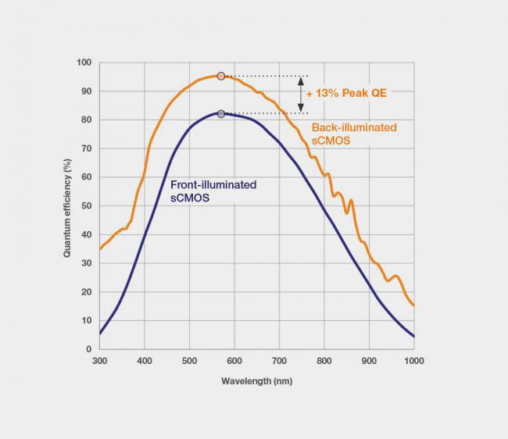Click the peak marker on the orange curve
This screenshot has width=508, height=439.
[x=221, y=76]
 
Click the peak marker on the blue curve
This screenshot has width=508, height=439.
[x=221, y=114]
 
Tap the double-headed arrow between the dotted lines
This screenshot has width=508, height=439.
[x=300, y=95]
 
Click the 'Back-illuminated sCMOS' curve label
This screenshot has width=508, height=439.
[x=354, y=133]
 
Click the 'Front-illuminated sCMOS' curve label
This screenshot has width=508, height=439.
[x=213, y=191]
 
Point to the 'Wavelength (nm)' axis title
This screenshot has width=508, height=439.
[x=256, y=381]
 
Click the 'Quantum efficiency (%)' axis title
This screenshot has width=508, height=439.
[x=68, y=205]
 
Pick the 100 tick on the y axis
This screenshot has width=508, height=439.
[x=84, y=62]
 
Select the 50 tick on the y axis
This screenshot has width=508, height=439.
[x=86, y=206]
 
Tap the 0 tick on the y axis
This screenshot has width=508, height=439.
[x=88, y=349]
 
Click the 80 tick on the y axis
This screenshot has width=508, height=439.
[x=86, y=120]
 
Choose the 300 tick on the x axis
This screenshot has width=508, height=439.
[x=99, y=362]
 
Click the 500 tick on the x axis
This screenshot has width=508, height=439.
[x=189, y=362]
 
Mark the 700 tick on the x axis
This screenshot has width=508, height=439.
[x=279, y=362]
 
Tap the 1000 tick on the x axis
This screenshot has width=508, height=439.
[x=413, y=362]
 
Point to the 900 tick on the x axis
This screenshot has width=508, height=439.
[x=369, y=362]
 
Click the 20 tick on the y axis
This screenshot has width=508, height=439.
[x=86, y=292]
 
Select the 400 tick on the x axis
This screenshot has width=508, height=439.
[x=144, y=362]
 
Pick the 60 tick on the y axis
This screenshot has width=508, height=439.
[x=86, y=177]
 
